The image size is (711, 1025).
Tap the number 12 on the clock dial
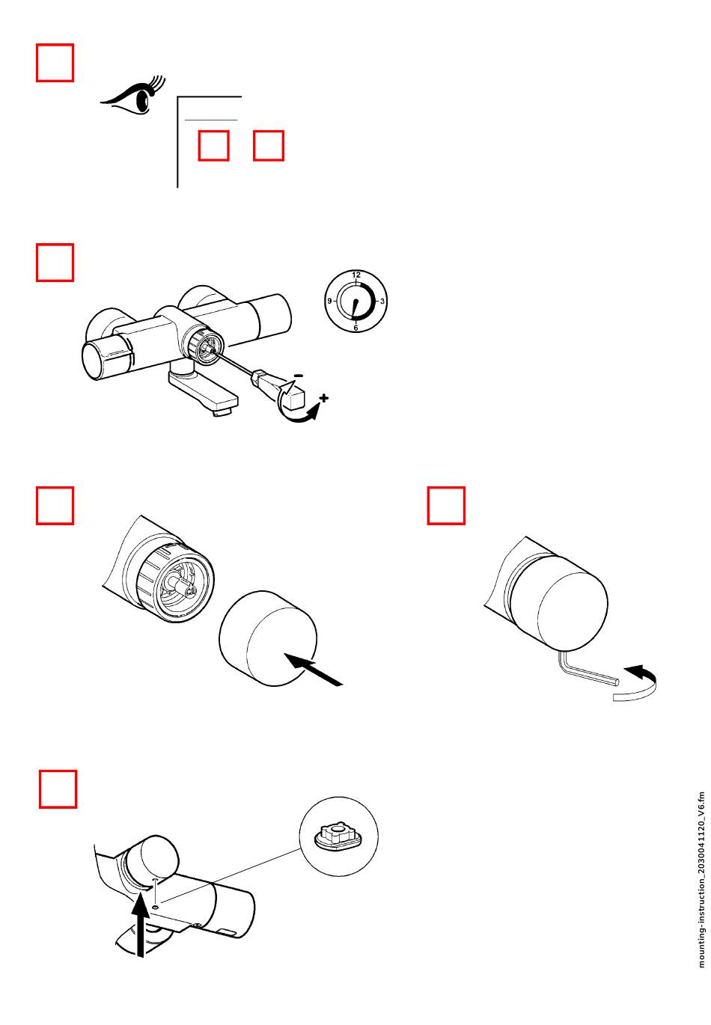tap(356, 275)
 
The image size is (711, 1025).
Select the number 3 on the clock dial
tap(382, 301)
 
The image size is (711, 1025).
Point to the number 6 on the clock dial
tap(355, 328)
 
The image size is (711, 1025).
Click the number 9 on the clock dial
tap(329, 301)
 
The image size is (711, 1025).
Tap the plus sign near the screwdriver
tap(323, 397)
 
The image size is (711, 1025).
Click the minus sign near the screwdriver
tap(298, 376)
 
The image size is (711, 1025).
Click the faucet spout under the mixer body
tap(204, 388)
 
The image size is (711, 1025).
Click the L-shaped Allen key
tap(586, 671)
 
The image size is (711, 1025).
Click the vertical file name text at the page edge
tap(702, 880)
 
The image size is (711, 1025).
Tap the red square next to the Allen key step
tap(446, 505)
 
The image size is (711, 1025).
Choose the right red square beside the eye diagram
tap(268, 145)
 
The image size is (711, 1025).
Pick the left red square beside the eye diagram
tap(213, 145)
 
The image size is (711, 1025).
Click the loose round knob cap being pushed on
tap(268, 638)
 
